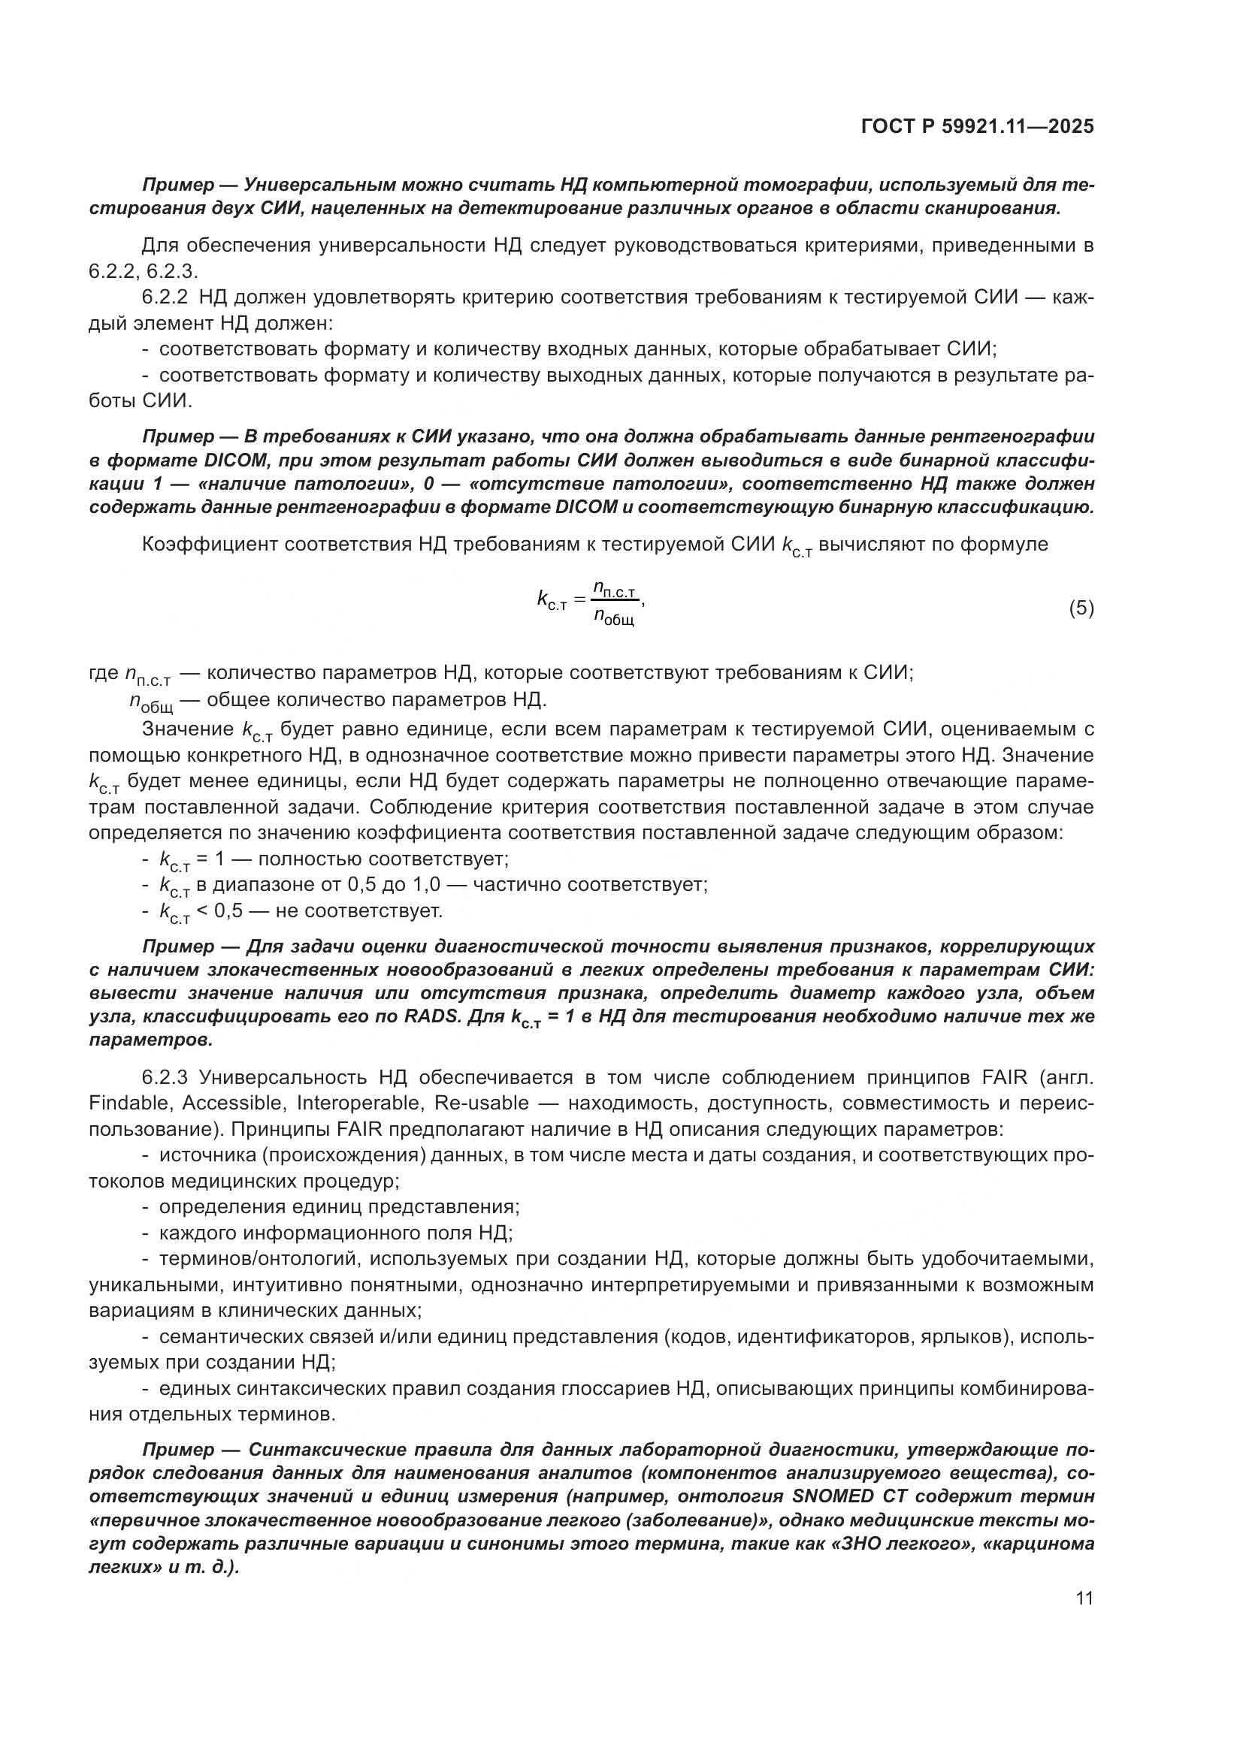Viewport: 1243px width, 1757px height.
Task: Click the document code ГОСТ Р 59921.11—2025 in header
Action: [x=978, y=127]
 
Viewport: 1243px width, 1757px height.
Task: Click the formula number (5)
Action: [x=1081, y=608]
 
